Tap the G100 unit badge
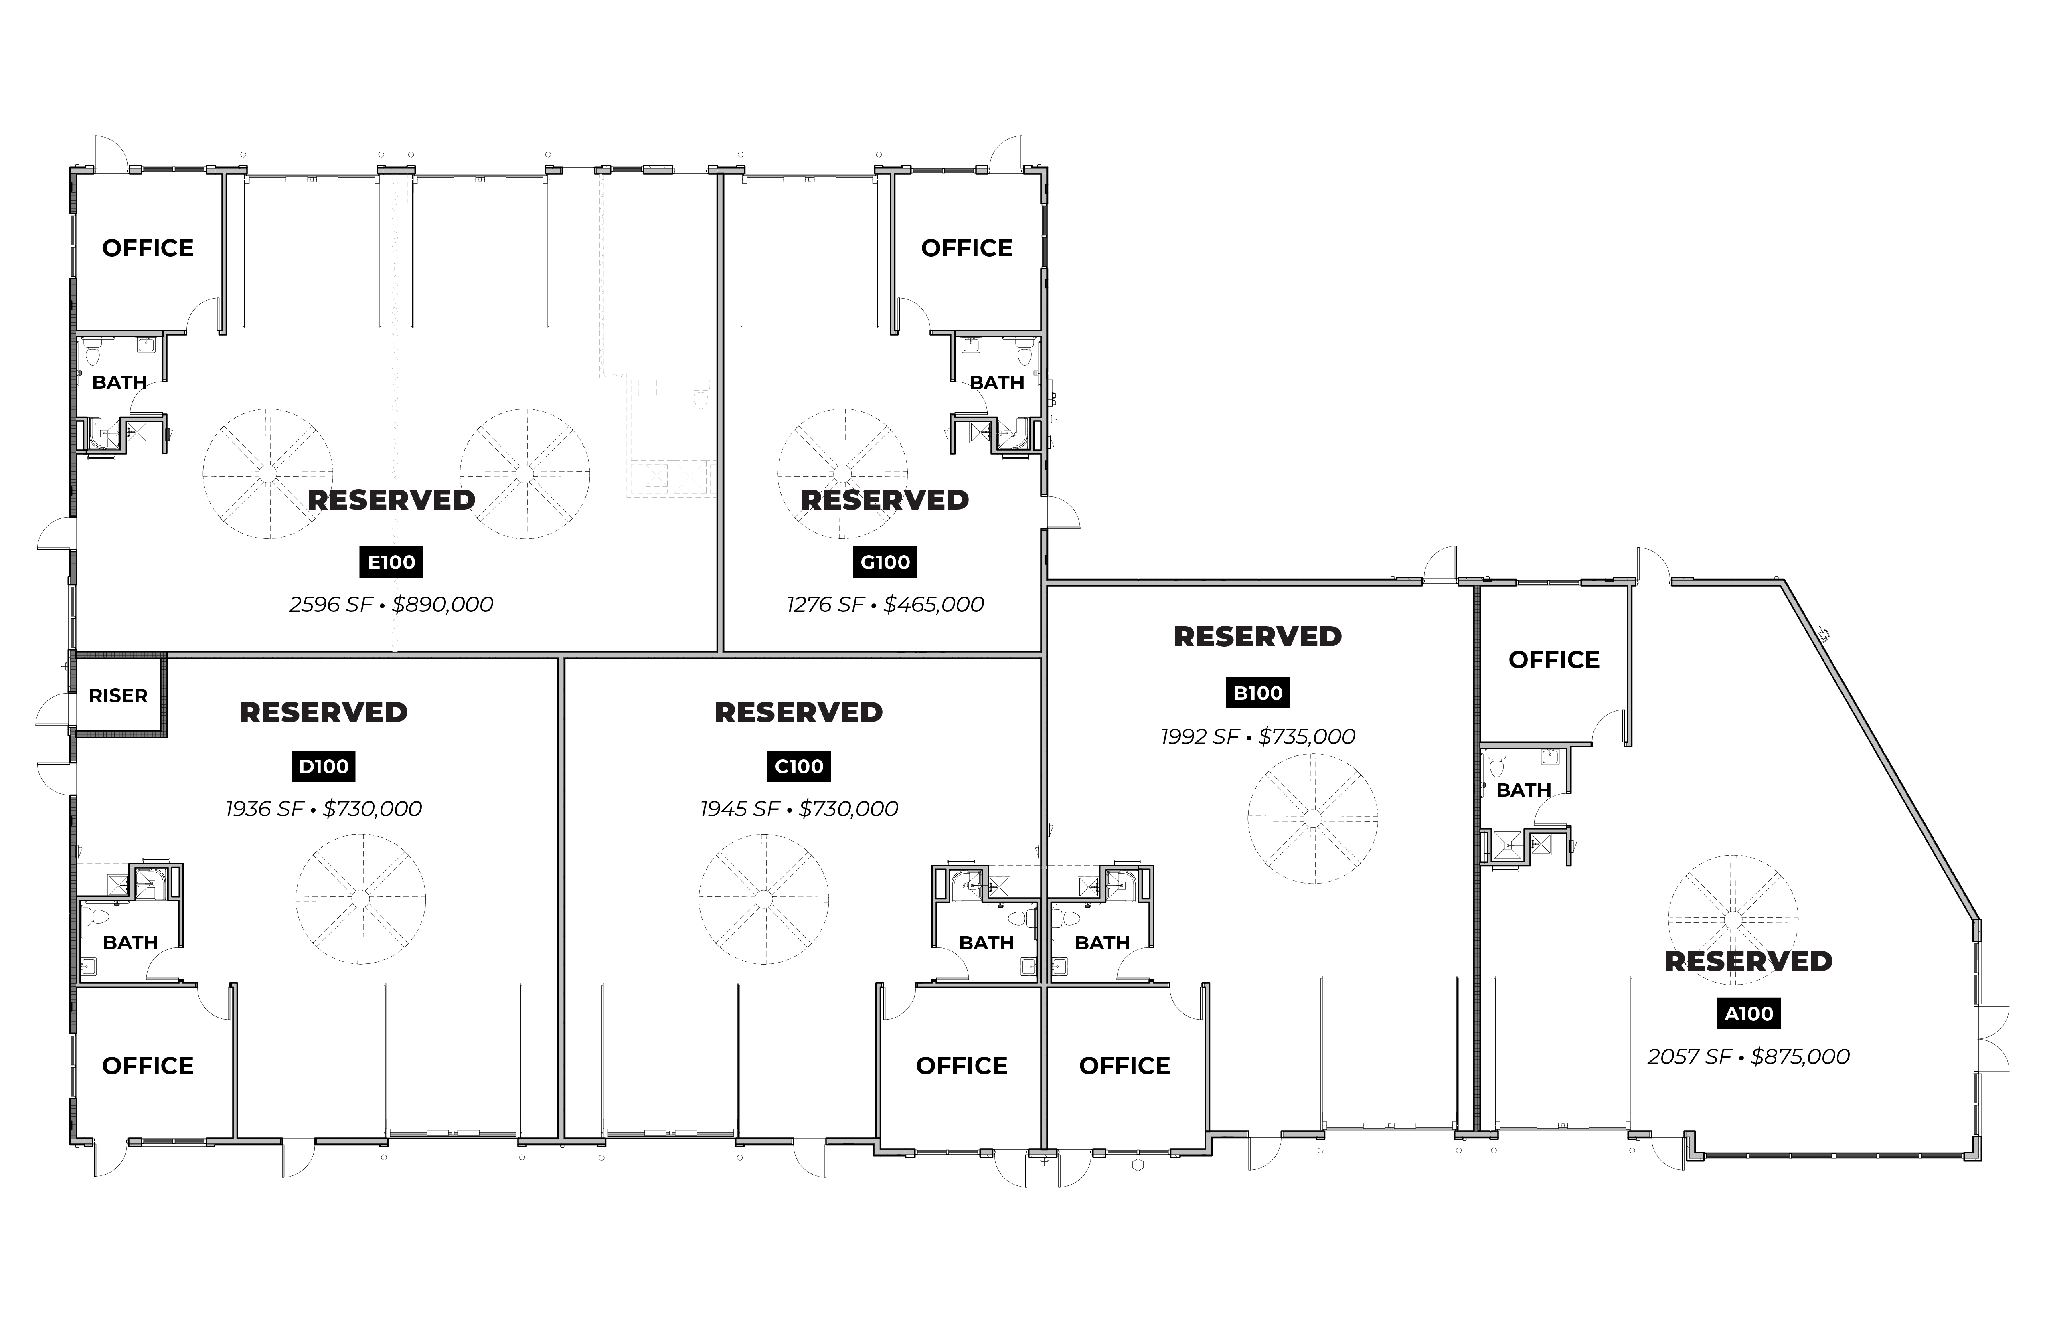885,563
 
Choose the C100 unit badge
798,766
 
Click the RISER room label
119,696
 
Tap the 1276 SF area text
825,605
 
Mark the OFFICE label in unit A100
1553,660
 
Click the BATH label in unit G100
997,383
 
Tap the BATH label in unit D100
131,943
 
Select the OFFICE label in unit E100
148,248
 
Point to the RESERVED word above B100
1258,637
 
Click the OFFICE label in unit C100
962,1066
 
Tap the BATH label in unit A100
1523,790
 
